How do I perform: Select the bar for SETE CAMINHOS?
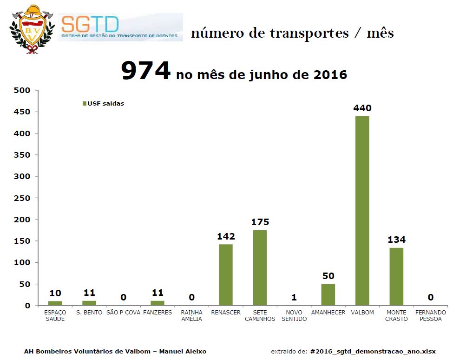click(260, 267)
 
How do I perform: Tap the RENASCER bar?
click(226, 274)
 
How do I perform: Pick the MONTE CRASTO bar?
click(396, 276)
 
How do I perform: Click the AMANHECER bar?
click(328, 294)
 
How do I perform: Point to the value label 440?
click(362, 108)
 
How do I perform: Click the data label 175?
click(260, 222)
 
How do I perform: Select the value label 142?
click(226, 236)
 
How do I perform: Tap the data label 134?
click(396, 240)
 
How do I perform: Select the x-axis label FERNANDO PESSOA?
click(430, 315)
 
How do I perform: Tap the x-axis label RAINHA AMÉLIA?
click(191, 315)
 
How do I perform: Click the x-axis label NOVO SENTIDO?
click(294, 315)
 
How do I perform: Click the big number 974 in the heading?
click(146, 71)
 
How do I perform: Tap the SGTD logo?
click(120, 27)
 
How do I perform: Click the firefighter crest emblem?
click(29, 28)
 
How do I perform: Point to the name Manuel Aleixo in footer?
click(183, 351)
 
